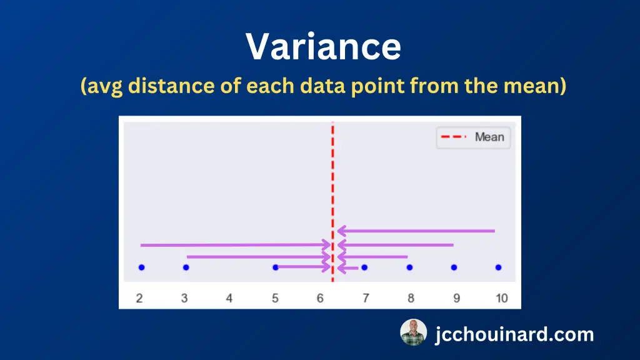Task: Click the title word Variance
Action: (323, 46)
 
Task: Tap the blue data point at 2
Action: (142, 267)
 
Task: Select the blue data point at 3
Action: (186, 267)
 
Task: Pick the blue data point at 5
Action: (276, 267)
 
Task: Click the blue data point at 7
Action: (364, 267)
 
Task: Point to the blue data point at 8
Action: (409, 267)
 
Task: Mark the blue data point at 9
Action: (454, 267)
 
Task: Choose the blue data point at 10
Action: (498, 267)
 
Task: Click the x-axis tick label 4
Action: (229, 298)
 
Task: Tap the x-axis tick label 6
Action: (320, 298)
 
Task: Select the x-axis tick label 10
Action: (502, 298)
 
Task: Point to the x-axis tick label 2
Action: (139, 298)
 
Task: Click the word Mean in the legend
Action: (489, 137)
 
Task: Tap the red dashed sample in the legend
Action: (454, 137)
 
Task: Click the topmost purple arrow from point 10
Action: (416, 231)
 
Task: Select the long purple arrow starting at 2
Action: (236, 245)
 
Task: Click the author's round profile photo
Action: (414, 332)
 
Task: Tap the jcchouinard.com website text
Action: (514, 334)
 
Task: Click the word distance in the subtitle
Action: (171, 86)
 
